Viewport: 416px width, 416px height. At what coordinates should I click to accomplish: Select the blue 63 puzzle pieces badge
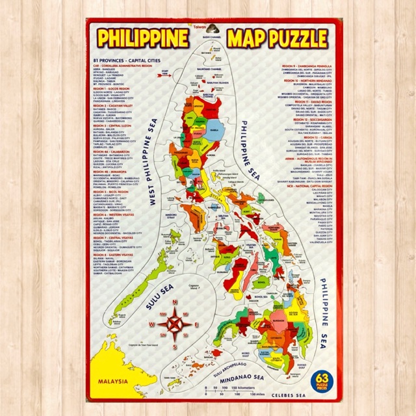point(318,379)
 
